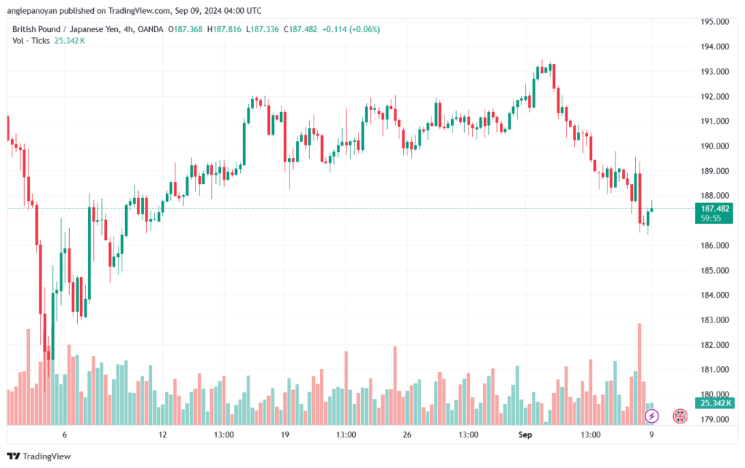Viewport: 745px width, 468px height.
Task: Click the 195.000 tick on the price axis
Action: point(714,21)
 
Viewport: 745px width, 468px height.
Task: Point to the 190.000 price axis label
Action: point(714,146)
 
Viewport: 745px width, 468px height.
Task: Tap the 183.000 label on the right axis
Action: point(714,320)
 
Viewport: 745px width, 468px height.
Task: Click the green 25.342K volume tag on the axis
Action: point(714,403)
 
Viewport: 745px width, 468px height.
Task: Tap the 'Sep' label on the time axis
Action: point(525,435)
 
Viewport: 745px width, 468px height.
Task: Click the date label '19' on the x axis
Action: point(284,435)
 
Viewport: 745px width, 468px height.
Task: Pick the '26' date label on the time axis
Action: point(407,435)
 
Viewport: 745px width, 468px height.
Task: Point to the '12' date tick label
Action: point(163,435)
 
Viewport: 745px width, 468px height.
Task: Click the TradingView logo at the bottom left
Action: point(39,456)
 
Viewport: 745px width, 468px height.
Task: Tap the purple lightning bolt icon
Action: point(652,416)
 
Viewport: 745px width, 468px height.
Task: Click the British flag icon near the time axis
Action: point(680,416)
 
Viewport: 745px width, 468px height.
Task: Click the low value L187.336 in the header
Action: point(262,29)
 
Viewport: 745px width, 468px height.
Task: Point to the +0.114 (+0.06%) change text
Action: point(351,29)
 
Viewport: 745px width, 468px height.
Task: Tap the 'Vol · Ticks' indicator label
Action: point(31,41)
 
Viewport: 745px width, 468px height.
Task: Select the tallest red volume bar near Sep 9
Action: point(640,374)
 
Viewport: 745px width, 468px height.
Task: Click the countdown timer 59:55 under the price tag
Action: point(711,218)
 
